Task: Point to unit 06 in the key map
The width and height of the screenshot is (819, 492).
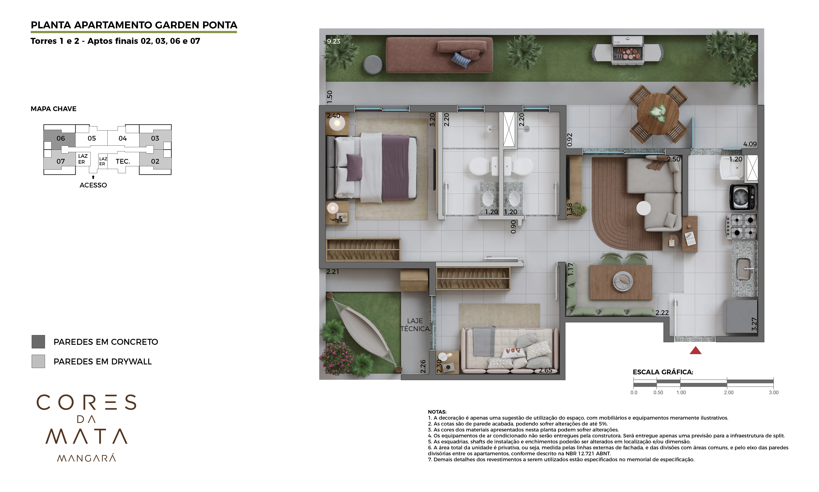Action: [x=61, y=138]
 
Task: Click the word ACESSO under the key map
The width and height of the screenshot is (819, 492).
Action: [x=93, y=185]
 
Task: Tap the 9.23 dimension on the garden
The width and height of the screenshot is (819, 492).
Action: [x=333, y=41]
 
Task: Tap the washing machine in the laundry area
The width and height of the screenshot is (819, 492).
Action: [x=743, y=197]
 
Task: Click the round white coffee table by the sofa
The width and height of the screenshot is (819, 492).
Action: [x=643, y=208]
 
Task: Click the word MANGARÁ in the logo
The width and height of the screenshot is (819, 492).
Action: [x=86, y=458]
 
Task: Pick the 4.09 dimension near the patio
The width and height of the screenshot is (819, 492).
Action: [x=750, y=144]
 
